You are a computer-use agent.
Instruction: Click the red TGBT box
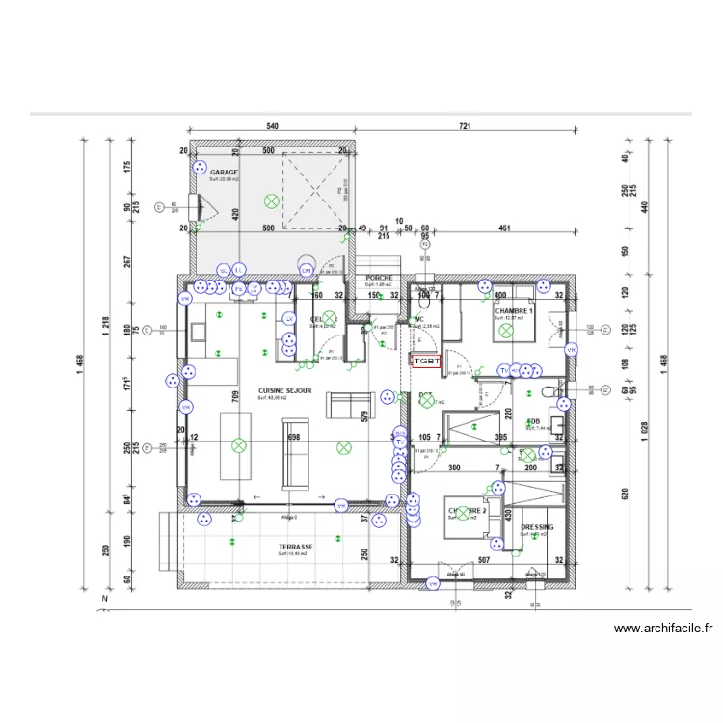pos(426,361)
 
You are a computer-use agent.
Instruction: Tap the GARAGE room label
pos(224,174)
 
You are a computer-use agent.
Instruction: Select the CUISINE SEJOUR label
pos(284,390)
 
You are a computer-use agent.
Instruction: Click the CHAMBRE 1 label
pos(515,311)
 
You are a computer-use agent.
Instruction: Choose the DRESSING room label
pos(537,527)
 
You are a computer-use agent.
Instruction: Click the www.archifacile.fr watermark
pos(664,629)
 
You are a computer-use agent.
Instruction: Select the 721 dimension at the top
pos(465,126)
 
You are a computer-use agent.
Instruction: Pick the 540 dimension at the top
pos(272,126)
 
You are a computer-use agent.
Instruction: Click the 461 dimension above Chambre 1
pos(503,228)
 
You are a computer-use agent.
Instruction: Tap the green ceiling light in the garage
pos(272,201)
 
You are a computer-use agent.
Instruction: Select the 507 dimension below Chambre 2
pos(484,560)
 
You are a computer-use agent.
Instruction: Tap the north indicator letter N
pos(103,599)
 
